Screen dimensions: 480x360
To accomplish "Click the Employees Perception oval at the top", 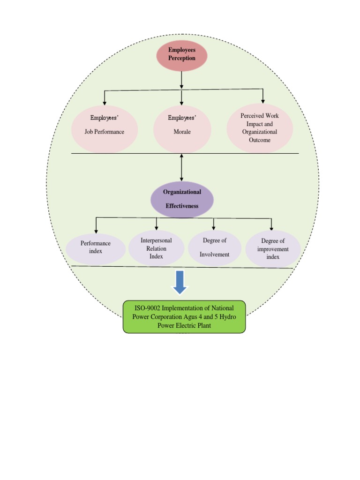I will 181,55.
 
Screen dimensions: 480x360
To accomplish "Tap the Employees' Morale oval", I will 182,129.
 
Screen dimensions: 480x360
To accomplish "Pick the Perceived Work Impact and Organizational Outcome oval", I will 260,128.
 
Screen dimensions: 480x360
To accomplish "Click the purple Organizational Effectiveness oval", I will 182,199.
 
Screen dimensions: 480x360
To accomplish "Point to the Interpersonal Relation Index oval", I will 156,248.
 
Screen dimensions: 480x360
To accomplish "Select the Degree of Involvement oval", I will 215,247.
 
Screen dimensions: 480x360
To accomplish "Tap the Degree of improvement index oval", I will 273,249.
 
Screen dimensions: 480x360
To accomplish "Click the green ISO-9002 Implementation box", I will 184,316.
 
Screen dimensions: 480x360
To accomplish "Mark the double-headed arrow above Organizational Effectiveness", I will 181,167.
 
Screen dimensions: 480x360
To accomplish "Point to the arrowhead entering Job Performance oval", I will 105,103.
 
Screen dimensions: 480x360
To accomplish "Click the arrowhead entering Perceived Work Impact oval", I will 263,101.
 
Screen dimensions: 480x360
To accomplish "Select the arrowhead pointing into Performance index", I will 96,231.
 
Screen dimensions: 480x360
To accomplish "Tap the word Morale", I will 182,132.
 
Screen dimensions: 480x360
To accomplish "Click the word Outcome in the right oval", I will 260,140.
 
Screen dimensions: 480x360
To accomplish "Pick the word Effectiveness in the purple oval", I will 182,206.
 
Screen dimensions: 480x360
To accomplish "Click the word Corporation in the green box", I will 172,316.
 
